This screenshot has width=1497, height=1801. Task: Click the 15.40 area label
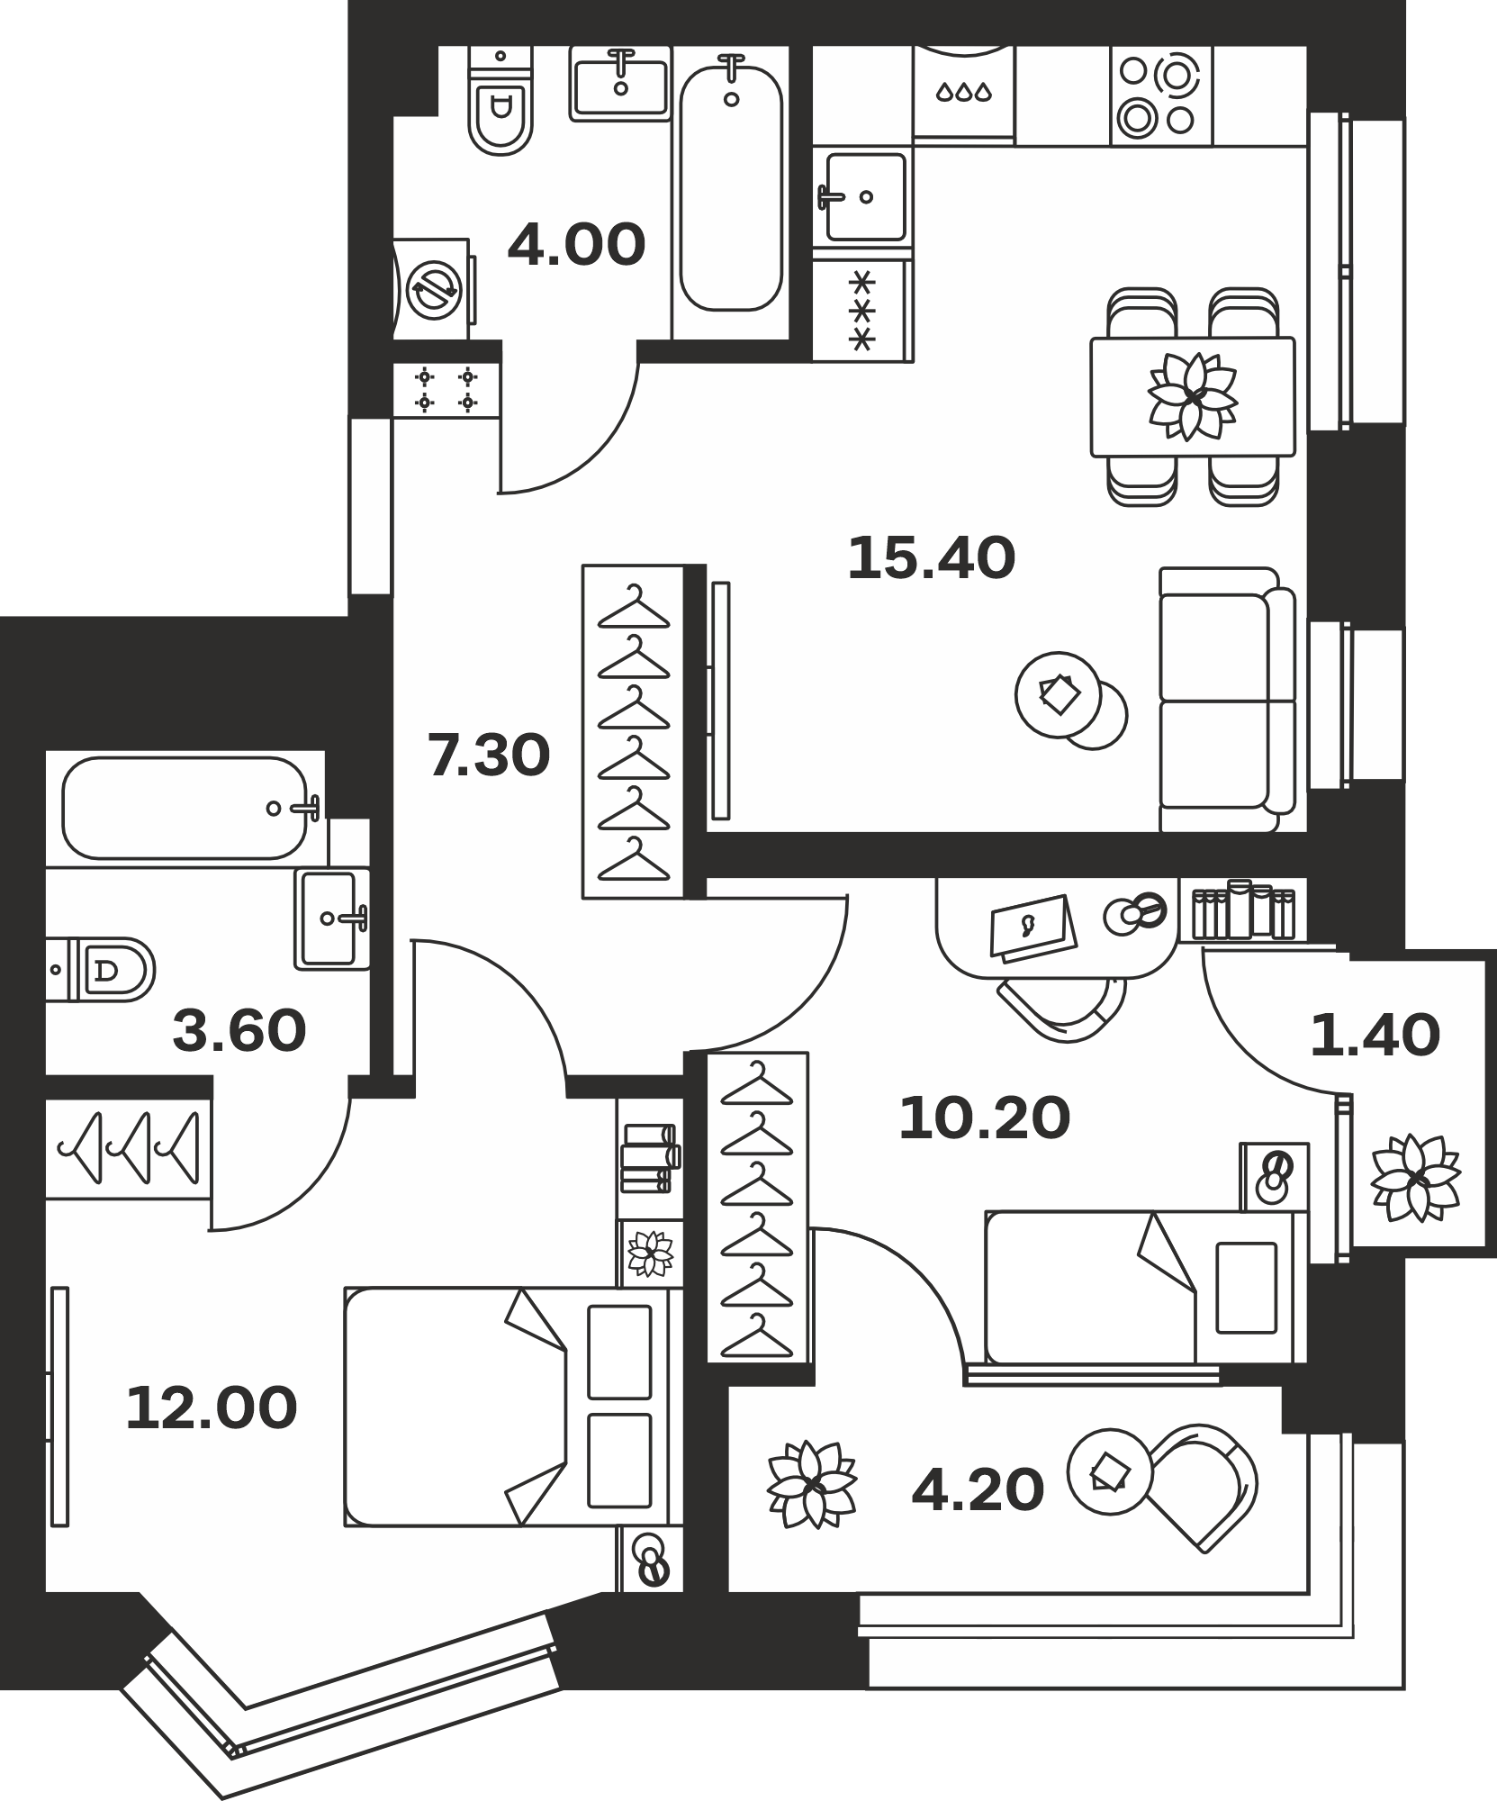[932, 558]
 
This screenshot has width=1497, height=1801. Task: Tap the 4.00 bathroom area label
[576, 244]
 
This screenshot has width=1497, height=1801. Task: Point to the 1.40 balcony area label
[1375, 1035]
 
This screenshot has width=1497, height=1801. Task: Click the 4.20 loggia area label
[978, 1489]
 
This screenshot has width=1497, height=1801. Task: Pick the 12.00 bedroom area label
[212, 1408]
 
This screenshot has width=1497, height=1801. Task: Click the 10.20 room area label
[985, 1118]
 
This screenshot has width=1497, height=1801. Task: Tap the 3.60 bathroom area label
[239, 1031]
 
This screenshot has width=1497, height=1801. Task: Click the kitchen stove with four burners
[1161, 95]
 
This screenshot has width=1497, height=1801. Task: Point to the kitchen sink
[864, 197]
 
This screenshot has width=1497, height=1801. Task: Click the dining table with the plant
[1193, 396]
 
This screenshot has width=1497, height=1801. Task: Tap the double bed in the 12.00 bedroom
[508, 1407]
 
